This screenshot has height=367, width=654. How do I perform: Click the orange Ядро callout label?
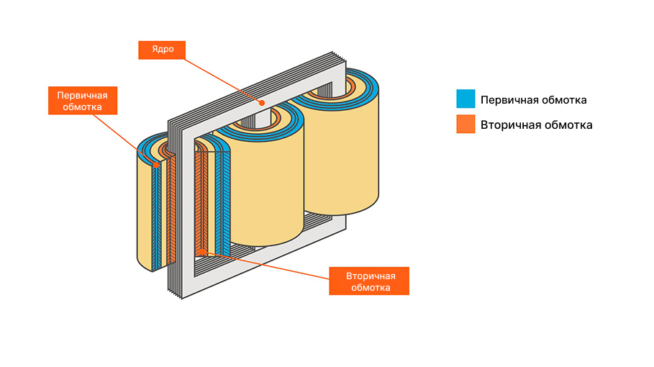tap(161, 50)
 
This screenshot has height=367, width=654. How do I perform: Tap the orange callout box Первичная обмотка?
tap(82, 101)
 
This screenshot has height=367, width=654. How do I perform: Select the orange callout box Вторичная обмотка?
tap(368, 281)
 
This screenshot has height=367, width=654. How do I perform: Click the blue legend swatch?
tap(465, 99)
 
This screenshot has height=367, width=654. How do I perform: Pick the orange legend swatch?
tap(465, 124)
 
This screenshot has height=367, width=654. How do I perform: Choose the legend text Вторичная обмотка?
tap(537, 124)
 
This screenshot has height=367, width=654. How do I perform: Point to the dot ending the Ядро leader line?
tap(263, 103)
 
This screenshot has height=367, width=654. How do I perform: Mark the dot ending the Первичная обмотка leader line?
tap(156, 165)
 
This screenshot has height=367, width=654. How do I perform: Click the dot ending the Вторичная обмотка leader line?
tap(204, 251)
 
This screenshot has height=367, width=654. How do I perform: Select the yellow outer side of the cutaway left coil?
tap(145, 216)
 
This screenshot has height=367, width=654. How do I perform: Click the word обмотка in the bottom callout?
tap(368, 288)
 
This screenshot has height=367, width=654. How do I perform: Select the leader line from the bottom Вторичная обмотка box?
tap(266, 263)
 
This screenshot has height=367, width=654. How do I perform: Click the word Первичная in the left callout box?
tap(82, 95)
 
